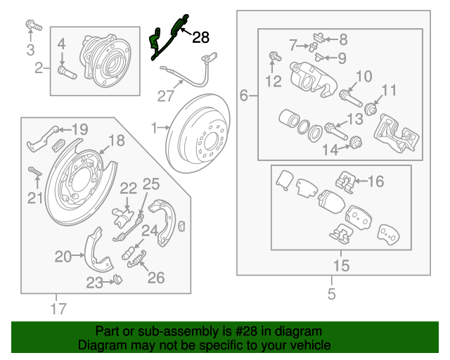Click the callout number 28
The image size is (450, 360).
[x=200, y=37]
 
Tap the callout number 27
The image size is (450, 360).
[x=165, y=95]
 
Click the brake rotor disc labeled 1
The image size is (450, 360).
[x=200, y=137]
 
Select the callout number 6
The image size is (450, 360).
[x=244, y=95]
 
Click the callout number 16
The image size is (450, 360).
[x=376, y=182]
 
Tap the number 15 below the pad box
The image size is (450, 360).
[x=341, y=266]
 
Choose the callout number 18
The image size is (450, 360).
[x=117, y=141]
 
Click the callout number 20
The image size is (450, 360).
[x=63, y=257]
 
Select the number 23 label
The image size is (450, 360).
[x=95, y=283]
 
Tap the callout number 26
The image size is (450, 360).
[x=155, y=278]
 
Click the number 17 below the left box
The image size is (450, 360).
[x=58, y=307]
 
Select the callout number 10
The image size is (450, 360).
[x=364, y=76]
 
